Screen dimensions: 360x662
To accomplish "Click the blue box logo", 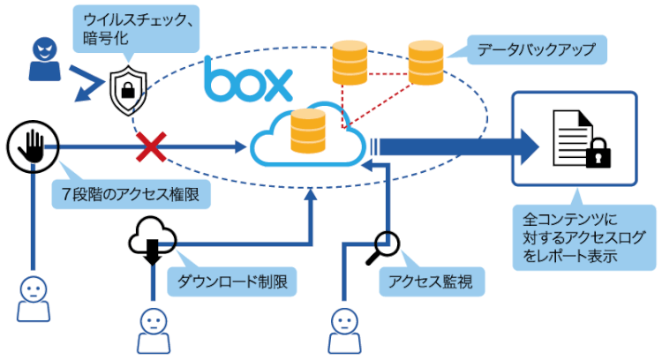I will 248,81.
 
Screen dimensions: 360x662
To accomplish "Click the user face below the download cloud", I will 152,326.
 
